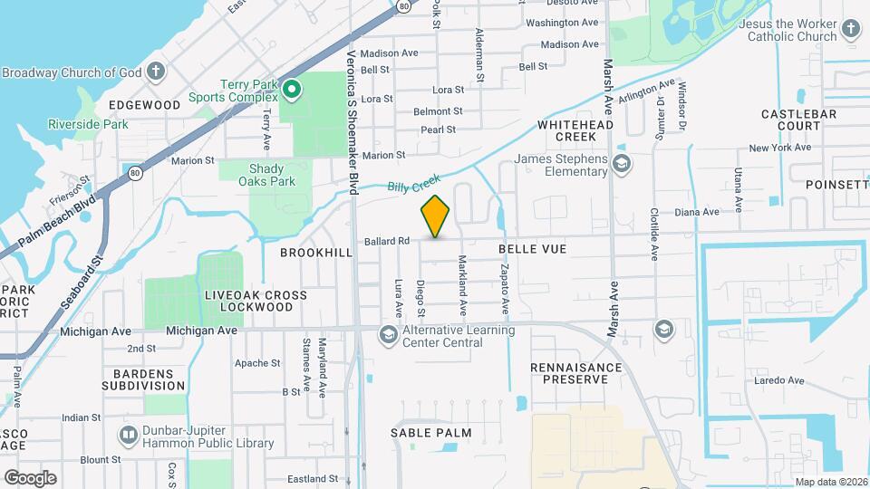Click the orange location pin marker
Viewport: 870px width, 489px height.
[x=436, y=216]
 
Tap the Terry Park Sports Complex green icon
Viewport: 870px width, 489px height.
[x=292, y=89]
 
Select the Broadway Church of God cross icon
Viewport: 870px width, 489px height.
[x=156, y=72]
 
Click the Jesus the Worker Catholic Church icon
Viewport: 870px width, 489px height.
[x=850, y=29]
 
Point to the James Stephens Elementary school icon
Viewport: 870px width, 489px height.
[x=622, y=164]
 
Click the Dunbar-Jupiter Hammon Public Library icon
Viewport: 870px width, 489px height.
[x=129, y=436]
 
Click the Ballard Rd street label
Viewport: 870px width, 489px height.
[x=388, y=241]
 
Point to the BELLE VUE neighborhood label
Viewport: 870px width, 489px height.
[x=533, y=246]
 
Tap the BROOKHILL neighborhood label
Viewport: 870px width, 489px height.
[x=315, y=253]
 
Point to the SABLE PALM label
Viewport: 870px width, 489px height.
[x=431, y=433]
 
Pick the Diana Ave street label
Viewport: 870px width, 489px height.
[x=697, y=212]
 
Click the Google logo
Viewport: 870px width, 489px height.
[x=30, y=477]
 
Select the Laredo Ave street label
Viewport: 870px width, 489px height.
[x=779, y=380]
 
